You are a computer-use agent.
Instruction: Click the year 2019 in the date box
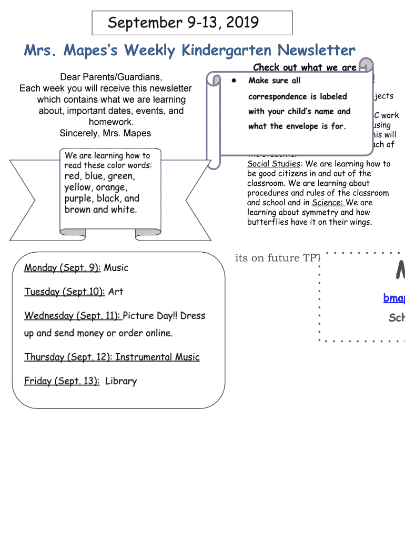coord(240,23)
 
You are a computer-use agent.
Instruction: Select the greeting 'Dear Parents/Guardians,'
coord(106,77)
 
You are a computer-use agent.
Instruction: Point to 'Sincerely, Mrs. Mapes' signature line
coord(105,133)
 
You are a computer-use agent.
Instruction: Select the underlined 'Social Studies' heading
coord(273,164)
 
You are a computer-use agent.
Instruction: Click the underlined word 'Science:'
coord(328,203)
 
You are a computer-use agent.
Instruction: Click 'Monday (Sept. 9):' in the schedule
coord(63,267)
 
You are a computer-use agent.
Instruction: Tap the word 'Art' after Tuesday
coord(116,292)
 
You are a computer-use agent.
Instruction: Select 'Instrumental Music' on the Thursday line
coord(157,357)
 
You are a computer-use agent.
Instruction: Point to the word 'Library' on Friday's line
coord(120,381)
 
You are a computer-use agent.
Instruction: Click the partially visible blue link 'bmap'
coord(394,298)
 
